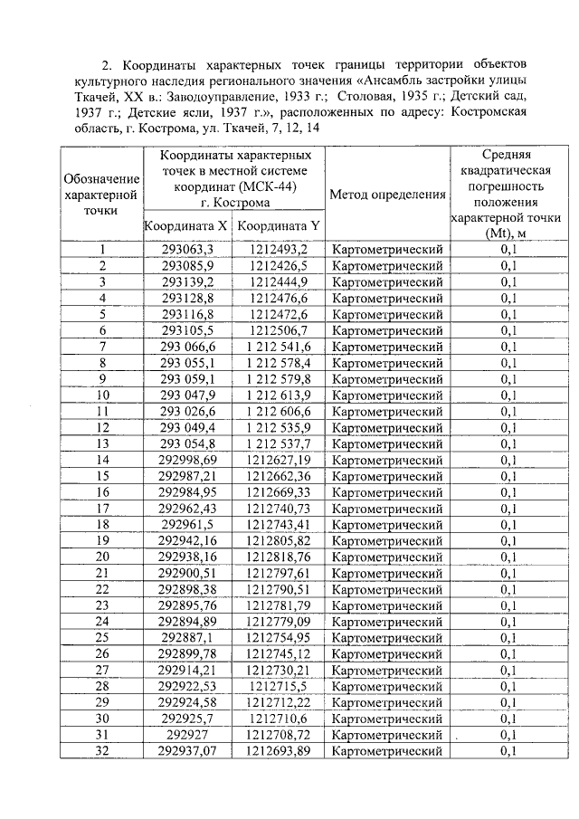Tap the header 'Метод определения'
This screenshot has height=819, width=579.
click(x=387, y=195)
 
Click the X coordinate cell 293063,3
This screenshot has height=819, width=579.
click(x=187, y=250)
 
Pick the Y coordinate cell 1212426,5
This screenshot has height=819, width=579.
click(x=279, y=266)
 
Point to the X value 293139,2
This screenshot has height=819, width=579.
click(x=187, y=282)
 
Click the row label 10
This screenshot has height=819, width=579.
click(x=102, y=395)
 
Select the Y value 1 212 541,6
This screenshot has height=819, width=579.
click(x=279, y=347)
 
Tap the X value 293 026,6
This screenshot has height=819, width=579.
click(x=187, y=411)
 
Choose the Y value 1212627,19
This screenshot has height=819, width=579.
click(x=279, y=460)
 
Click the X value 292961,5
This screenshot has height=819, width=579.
click(x=187, y=524)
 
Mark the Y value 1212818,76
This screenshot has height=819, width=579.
click(x=279, y=557)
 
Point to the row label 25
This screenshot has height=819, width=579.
click(x=102, y=637)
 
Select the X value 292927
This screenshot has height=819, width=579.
click(x=187, y=734)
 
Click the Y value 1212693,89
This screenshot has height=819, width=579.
click(x=279, y=750)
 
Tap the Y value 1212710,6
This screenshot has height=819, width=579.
click(x=279, y=718)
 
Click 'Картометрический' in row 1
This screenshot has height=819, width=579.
click(x=387, y=250)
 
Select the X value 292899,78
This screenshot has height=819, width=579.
click(x=187, y=653)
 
